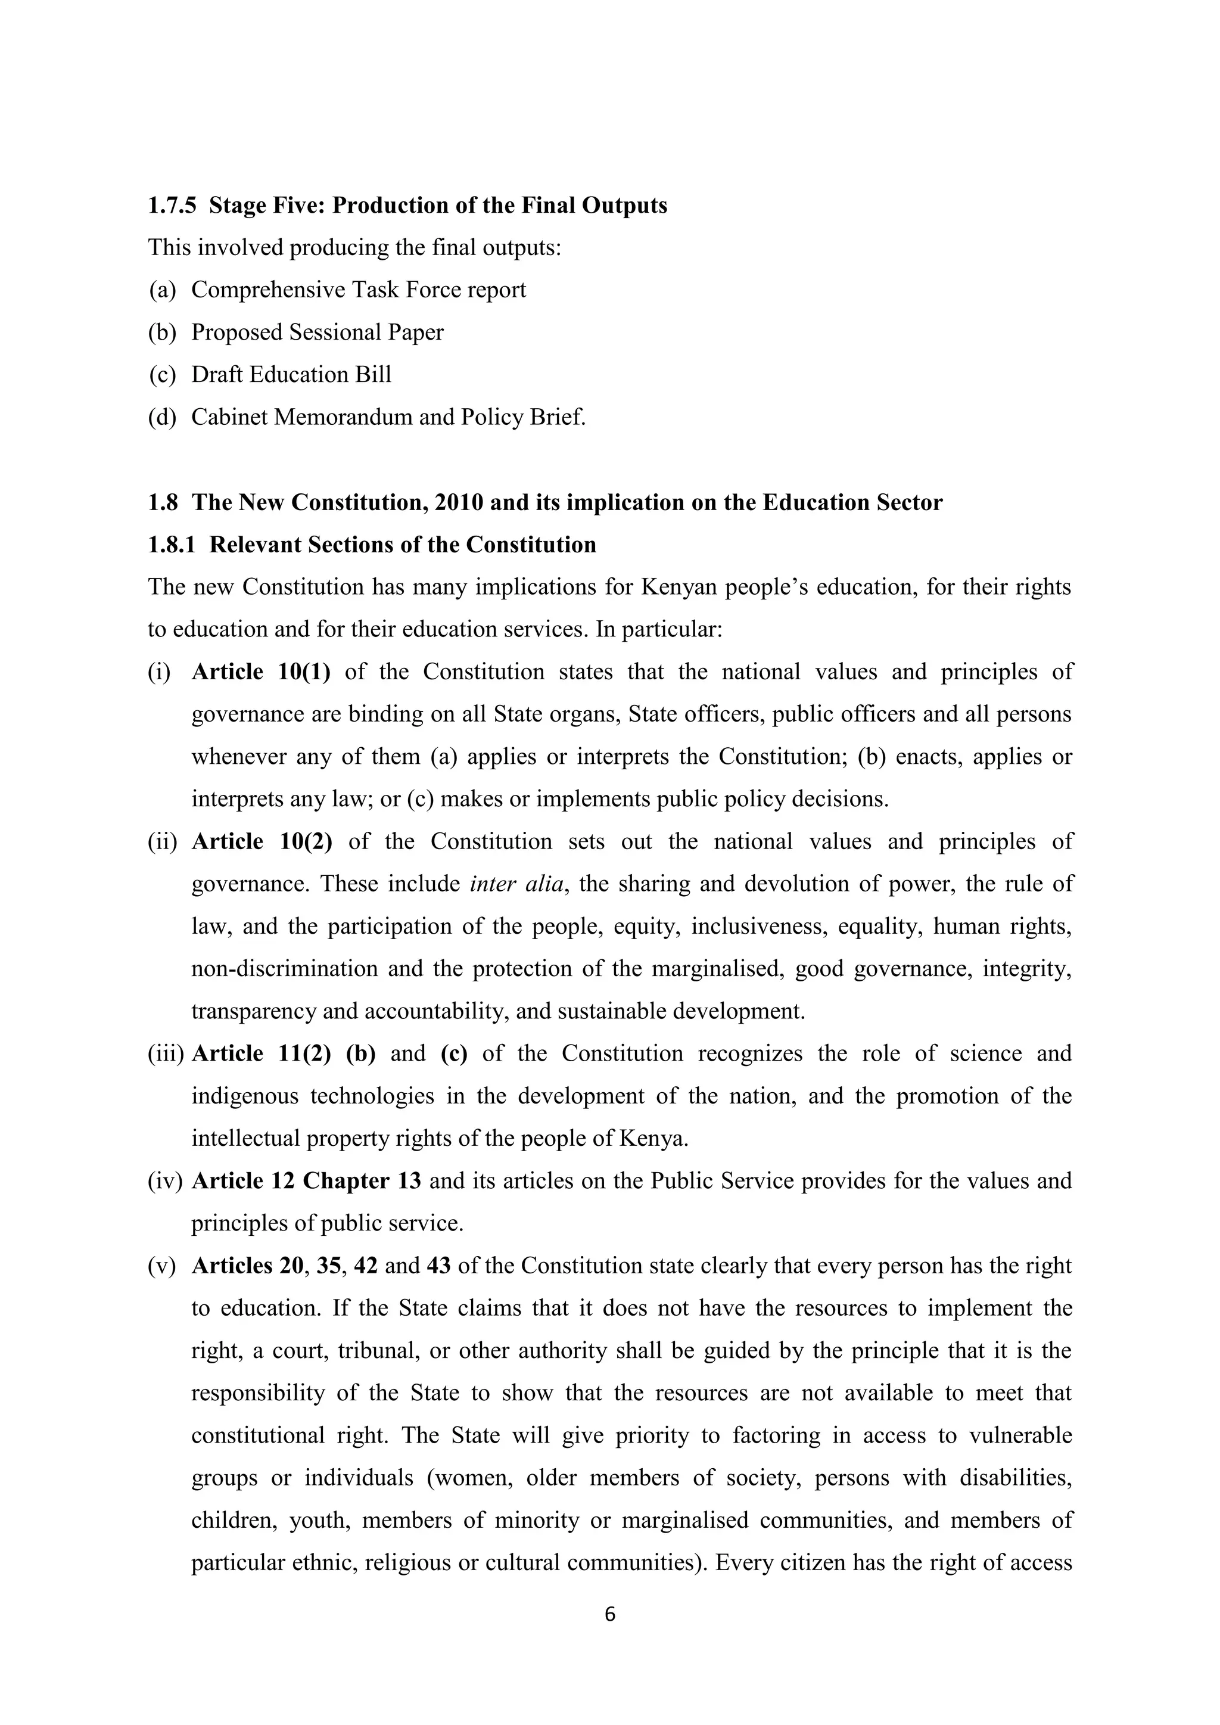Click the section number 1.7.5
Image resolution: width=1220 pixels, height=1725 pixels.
172,205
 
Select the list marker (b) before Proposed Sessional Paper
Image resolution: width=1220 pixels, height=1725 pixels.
161,332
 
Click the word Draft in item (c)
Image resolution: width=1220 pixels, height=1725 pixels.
216,374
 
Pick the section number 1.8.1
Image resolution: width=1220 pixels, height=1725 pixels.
172,545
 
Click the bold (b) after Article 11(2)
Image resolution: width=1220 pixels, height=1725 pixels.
360,1053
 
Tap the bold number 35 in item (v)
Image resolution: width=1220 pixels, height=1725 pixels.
328,1266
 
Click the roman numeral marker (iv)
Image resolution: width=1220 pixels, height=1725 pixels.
165,1181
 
